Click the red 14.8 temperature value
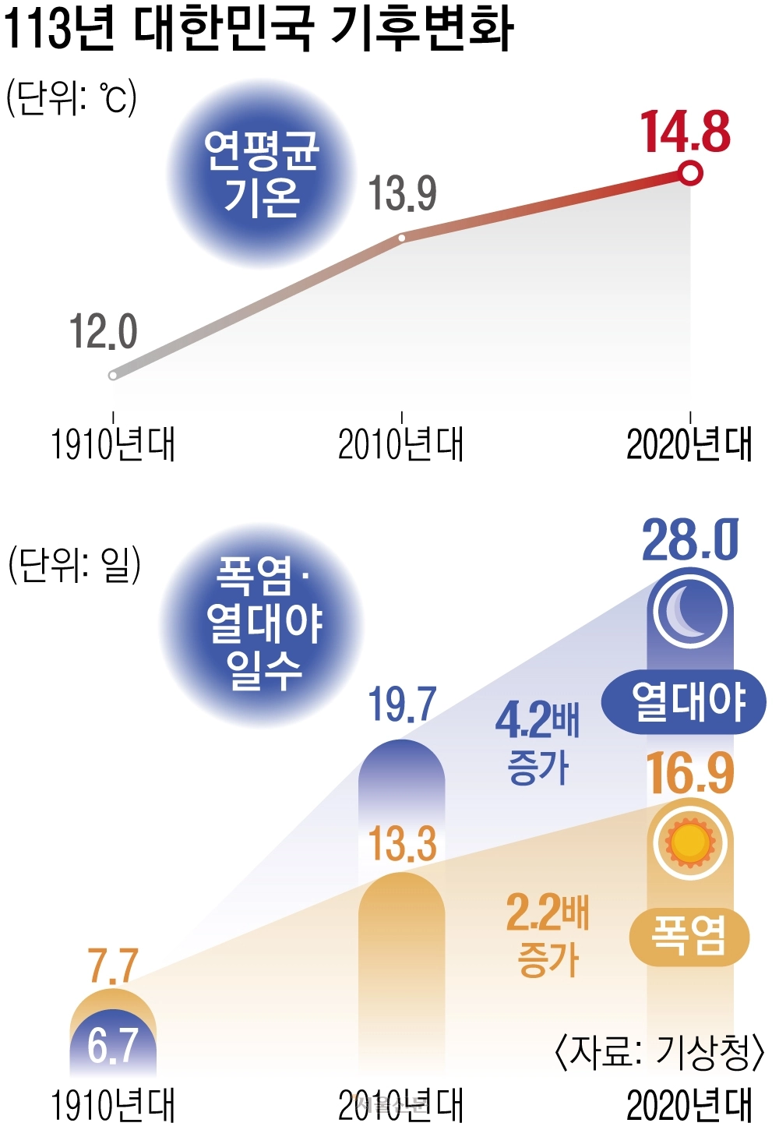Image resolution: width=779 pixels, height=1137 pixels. pos(686,132)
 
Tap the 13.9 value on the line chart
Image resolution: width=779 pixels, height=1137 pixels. pos(402,193)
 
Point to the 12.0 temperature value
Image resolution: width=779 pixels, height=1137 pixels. pos(103,331)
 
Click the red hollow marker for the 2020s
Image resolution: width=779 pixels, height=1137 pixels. pos(690,173)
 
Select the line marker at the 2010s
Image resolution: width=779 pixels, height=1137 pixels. pos(401,238)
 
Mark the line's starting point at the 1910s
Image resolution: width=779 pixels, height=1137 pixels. pos(113,376)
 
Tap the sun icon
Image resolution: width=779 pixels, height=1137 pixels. pos(690,842)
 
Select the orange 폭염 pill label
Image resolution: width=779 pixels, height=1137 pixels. pos(689,937)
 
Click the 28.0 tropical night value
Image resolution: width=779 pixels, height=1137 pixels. pos(690,540)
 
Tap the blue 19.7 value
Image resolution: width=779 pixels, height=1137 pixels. pos(402,705)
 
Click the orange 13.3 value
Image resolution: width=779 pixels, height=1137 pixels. pos(402,844)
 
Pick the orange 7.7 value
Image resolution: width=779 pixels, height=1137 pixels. pos(113,966)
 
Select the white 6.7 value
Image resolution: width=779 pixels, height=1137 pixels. pos(113,1045)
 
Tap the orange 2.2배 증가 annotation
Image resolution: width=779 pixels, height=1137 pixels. pos(548,934)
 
